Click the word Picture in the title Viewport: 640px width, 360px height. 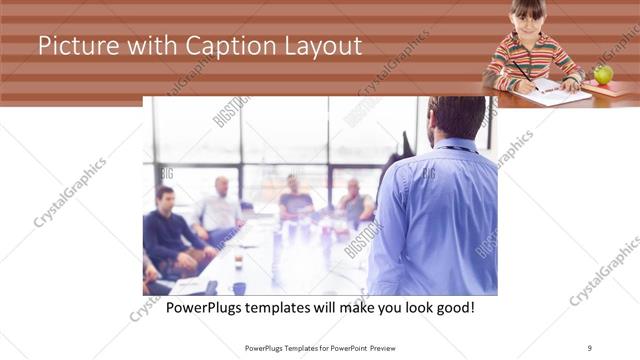click(72, 46)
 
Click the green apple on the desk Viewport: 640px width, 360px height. click(603, 73)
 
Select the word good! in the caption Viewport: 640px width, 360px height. click(454, 307)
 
